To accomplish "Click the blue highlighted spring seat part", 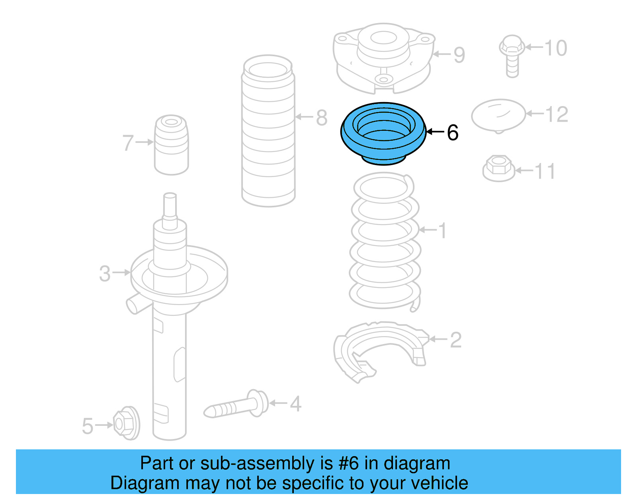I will [x=383, y=144].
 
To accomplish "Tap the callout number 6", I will [x=453, y=132].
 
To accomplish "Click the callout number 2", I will [x=456, y=340].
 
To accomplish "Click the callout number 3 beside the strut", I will [x=105, y=274].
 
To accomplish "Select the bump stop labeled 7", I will [x=171, y=146].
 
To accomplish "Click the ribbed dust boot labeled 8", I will [x=268, y=132].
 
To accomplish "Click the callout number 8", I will [x=322, y=118].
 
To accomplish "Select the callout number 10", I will [x=555, y=48].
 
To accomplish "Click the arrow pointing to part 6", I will [x=435, y=132].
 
